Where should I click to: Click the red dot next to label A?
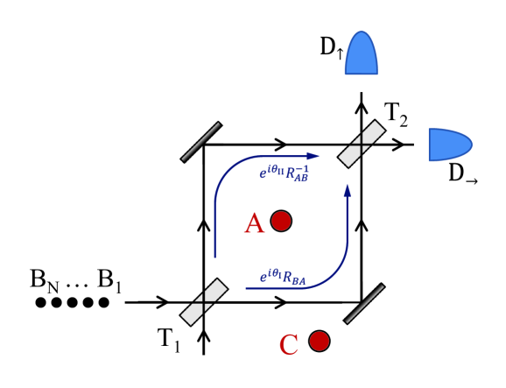[x=281, y=222]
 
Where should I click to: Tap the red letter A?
[x=254, y=224]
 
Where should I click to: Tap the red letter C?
[x=290, y=343]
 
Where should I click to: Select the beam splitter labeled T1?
[x=204, y=302]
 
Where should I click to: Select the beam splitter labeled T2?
[x=362, y=144]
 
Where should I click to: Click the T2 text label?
[x=397, y=113]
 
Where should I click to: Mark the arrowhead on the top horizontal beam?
[x=280, y=144]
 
